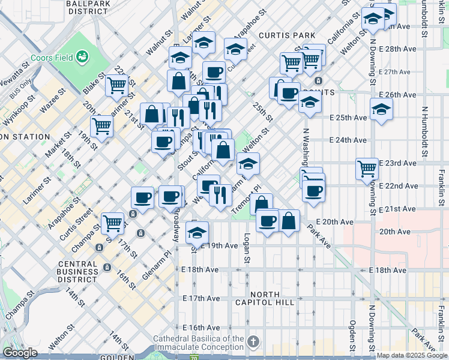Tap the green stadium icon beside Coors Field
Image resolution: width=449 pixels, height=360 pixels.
coord(82,57)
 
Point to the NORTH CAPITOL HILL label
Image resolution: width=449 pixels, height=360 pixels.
coord(265,298)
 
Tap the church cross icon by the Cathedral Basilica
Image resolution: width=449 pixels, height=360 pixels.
coord(253,343)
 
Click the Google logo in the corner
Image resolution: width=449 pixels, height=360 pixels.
coord(20,353)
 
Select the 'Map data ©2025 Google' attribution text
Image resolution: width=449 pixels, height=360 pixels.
coord(412,355)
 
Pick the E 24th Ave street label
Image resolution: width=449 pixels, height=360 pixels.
coord(348,140)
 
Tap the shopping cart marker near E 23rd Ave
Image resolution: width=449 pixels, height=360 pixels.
coord(367,168)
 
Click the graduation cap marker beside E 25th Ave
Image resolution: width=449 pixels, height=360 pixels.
coord(381,110)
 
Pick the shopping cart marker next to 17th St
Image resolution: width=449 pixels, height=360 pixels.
coord(112,223)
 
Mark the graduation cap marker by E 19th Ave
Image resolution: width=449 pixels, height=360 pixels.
coord(197,232)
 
